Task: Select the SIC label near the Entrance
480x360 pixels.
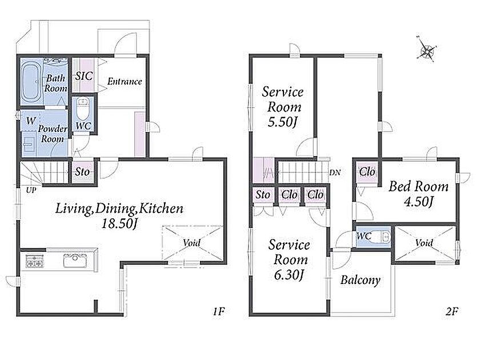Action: pos(83,76)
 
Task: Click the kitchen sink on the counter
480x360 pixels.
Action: pos(75,261)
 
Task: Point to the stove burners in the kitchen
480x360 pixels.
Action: pos(34,261)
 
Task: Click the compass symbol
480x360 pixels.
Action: pos(426,50)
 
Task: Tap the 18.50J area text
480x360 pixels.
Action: pos(119,223)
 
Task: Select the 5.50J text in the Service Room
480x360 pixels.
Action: pos(282,122)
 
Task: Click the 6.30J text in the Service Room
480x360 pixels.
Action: pos(289,275)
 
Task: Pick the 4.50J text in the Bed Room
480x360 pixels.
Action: pos(418,202)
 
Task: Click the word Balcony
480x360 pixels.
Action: pos(361,280)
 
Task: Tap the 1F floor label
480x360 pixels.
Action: pos(218,311)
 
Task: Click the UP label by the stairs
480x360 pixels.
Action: pos(31,190)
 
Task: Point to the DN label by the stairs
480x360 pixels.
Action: pos(335,173)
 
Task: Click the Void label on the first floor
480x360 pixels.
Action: pos(191,243)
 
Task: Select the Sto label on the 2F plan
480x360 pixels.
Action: pos(263,195)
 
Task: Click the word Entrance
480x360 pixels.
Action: pos(125,81)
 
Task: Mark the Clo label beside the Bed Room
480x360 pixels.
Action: pos(367,172)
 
